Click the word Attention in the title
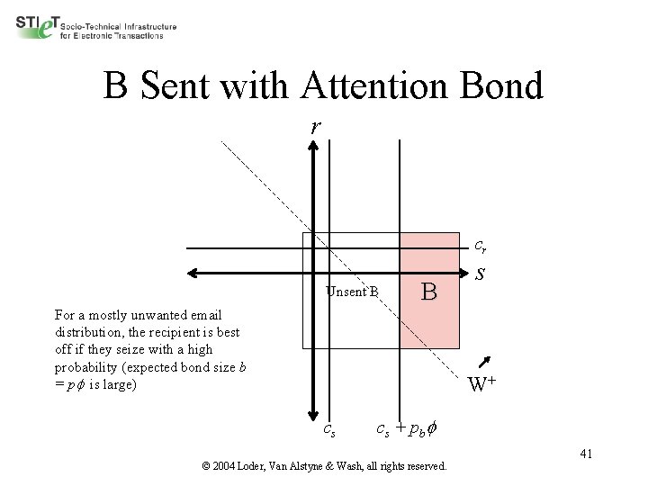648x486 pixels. click(363, 86)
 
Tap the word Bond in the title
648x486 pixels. click(499, 86)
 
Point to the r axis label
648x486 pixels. click(314, 127)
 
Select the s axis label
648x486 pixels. click(481, 273)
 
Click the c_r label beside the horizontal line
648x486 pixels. click(481, 245)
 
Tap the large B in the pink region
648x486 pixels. click(429, 292)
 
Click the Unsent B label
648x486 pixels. click(352, 291)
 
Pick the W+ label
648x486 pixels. click(483, 385)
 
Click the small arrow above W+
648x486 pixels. click(485, 362)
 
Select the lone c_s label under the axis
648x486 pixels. click(330, 429)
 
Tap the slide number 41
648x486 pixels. click(585, 453)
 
